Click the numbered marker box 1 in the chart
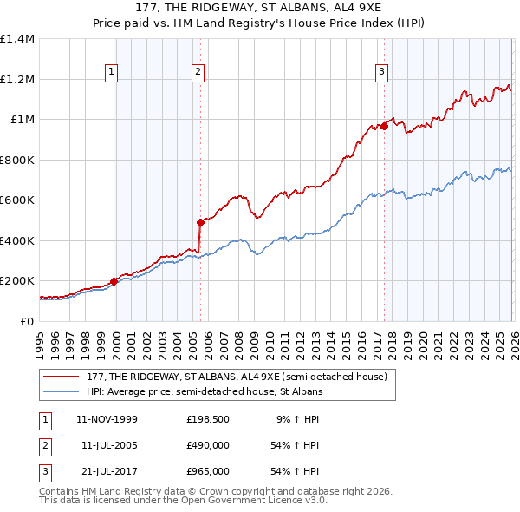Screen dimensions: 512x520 click(x=112, y=72)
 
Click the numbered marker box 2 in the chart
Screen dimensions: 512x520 click(x=198, y=72)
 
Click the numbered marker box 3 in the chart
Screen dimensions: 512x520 click(x=381, y=72)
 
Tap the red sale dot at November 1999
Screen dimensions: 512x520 click(x=114, y=281)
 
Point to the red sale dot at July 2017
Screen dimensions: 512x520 click(x=384, y=126)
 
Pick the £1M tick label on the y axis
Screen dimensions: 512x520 click(x=23, y=120)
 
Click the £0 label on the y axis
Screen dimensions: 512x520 click(x=28, y=321)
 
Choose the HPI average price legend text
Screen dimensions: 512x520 click(x=204, y=391)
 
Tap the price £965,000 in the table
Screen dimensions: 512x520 click(x=208, y=471)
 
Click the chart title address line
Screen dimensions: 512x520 click(x=260, y=9)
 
